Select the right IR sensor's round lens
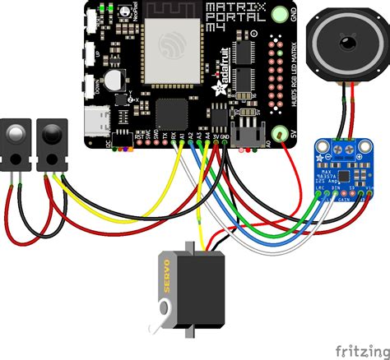pos(51,132)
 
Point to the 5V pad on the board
pos(284,134)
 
